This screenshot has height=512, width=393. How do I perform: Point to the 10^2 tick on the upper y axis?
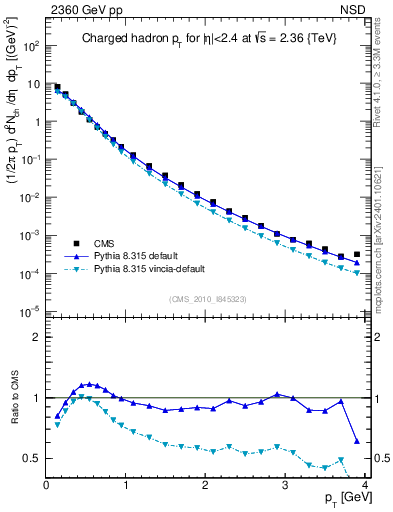33,46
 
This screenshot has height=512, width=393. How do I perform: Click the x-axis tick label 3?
285,486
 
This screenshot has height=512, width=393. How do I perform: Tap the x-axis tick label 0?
46,486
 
